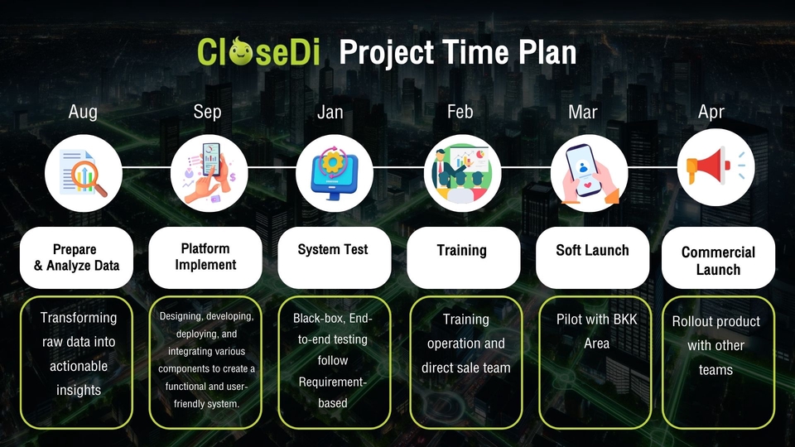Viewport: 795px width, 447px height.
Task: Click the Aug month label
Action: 83,112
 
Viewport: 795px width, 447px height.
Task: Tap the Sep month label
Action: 207,112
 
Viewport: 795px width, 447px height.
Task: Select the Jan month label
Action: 330,112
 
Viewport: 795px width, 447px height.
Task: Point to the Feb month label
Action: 460,112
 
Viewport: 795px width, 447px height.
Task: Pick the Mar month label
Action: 582,112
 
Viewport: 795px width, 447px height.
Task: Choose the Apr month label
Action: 711,112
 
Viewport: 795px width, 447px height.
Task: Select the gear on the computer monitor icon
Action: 333,163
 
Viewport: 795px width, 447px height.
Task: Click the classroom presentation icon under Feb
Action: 462,173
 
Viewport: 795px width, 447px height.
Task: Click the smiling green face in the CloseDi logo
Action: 240,51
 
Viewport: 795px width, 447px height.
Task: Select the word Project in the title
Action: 387,53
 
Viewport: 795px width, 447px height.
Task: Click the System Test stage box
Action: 334,257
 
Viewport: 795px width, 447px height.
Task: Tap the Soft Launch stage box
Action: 592,257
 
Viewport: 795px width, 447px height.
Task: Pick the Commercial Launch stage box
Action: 718,257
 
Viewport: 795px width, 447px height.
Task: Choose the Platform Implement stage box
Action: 205,257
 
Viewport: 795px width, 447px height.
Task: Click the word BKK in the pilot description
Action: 624,320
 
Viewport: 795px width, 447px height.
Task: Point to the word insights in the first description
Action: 79,390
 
